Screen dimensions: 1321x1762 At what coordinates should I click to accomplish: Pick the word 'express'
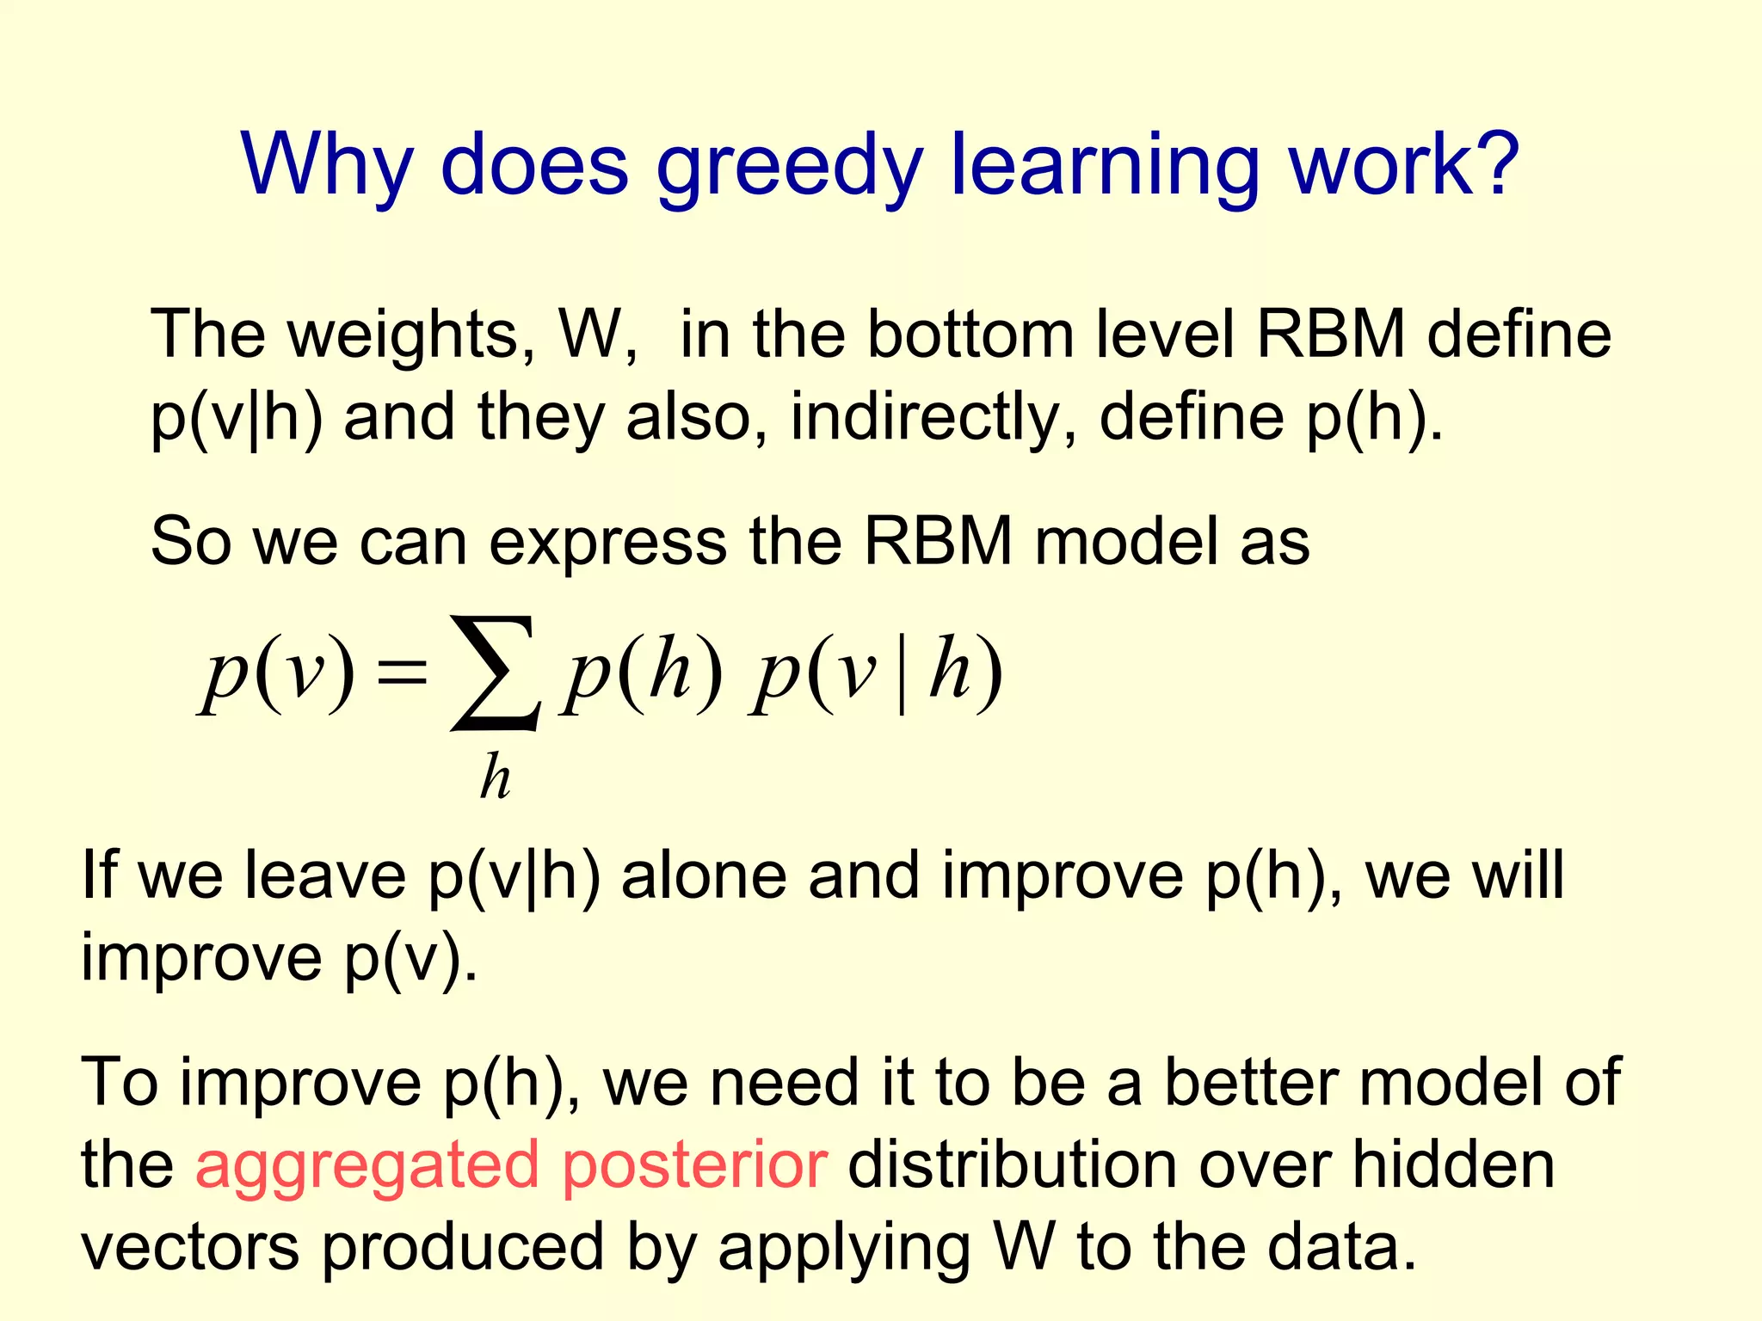607,544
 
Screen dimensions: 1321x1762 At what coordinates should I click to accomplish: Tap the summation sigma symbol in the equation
496,673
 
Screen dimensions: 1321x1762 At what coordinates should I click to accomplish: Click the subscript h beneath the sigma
496,777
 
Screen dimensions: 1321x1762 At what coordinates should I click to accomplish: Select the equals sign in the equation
402,673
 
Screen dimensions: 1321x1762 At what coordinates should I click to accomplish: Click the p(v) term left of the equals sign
277,673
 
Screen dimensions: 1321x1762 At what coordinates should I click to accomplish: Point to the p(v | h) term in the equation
876,673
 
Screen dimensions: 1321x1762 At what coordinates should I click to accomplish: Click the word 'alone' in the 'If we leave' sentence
703,876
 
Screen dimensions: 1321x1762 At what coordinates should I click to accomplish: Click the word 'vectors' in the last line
190,1249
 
